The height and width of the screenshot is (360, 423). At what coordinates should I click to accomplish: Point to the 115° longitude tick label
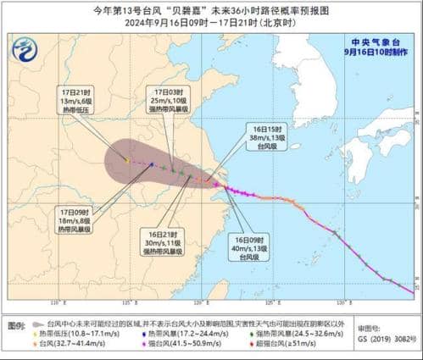pyautogui.click(x=127, y=303)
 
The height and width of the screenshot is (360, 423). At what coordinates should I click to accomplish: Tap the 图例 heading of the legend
pyautogui.click(x=15, y=325)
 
